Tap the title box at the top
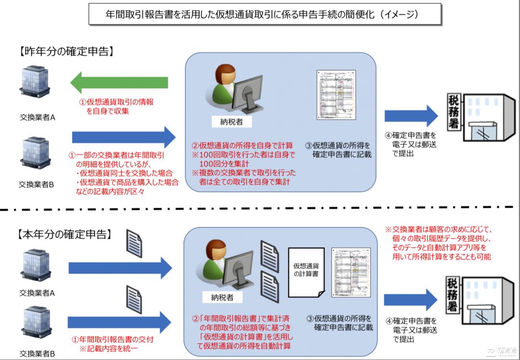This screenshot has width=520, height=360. tap(265, 14)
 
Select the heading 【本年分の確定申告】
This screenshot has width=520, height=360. tap(65, 235)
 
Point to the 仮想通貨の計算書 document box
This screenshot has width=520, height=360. tap(307, 273)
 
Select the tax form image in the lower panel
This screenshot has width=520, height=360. tap(351, 273)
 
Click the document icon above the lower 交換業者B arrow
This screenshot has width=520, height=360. tap(134, 298)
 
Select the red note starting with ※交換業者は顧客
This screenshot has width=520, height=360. tap(441, 243)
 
